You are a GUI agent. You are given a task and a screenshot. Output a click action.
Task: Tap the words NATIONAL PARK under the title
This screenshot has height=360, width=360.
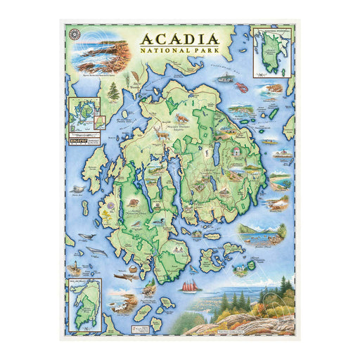pyautogui.click(x=180, y=50)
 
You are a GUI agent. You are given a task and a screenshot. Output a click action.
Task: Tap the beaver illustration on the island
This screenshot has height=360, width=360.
pyautogui.click(x=131, y=204)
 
